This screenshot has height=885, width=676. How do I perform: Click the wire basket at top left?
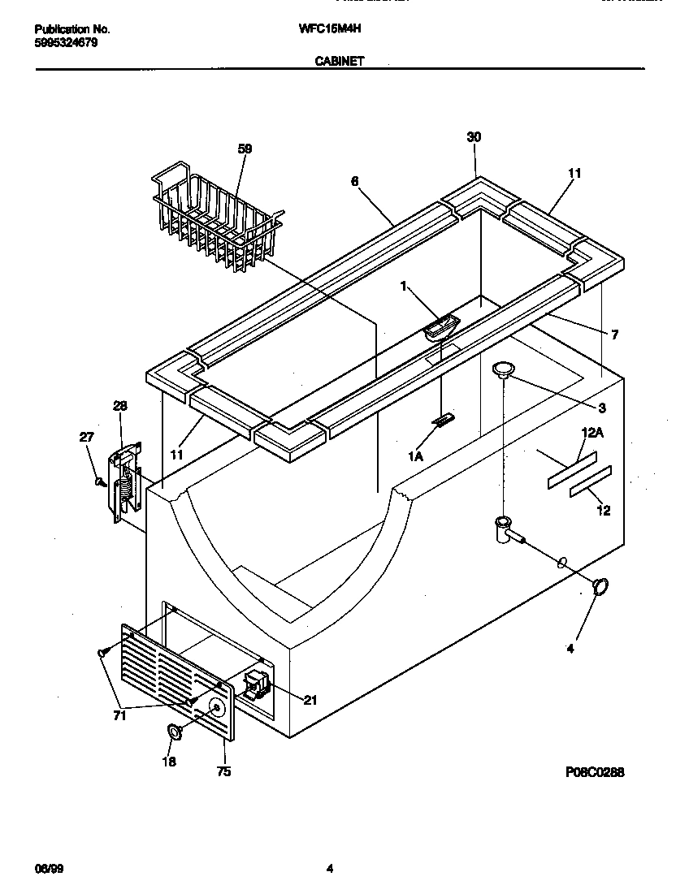pos(213,214)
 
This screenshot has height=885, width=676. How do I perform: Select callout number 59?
pos(245,149)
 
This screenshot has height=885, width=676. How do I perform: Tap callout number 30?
pos(474,137)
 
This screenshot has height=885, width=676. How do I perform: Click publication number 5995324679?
pos(67,42)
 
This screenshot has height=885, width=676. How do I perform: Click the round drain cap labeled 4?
pos(600,585)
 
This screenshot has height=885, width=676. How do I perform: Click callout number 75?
pos(223,771)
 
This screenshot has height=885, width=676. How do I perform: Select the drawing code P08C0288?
pos(595,772)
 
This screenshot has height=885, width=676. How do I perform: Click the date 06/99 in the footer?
pos(50,869)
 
